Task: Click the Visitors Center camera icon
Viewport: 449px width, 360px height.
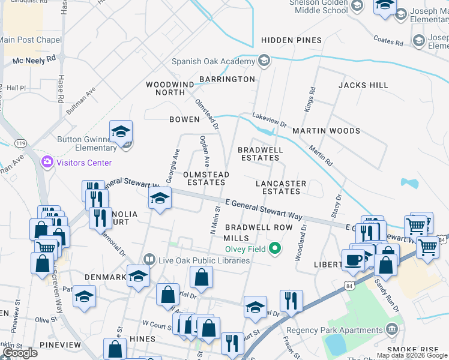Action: point(47,163)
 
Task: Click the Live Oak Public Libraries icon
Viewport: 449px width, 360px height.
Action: point(149,260)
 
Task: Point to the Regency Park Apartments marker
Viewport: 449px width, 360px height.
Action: point(392,329)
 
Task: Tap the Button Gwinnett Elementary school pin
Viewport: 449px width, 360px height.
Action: point(121,133)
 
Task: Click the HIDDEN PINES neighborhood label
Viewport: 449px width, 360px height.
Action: point(291,40)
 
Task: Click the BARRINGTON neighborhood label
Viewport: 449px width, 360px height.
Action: point(227,79)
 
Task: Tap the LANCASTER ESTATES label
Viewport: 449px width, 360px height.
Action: point(281,187)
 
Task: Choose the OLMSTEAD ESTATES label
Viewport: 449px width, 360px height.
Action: point(207,178)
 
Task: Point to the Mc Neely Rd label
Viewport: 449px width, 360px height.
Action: point(34,60)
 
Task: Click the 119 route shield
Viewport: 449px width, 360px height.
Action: point(21,144)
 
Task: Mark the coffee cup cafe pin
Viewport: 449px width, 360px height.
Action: point(353,260)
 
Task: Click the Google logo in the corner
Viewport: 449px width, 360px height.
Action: point(20,353)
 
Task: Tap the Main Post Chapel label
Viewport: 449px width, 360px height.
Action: point(31,40)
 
